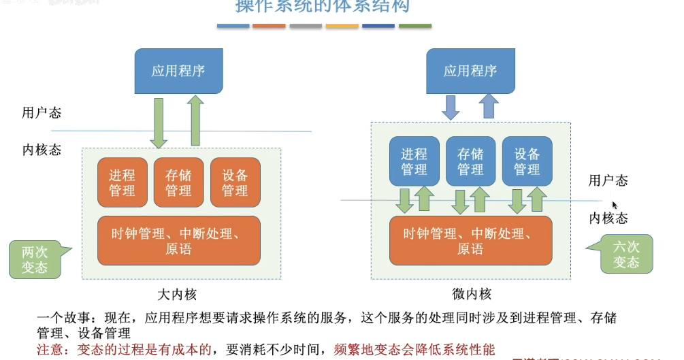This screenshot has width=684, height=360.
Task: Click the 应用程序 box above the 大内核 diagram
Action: pyautogui.click(x=178, y=71)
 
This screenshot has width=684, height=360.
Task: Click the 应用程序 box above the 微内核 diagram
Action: pyautogui.click(x=470, y=71)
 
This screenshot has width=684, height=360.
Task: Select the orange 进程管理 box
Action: pyautogui.click(x=122, y=182)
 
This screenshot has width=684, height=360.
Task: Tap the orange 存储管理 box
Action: pyautogui.click(x=178, y=182)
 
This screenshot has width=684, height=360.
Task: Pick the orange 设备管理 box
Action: pyautogui.click(x=235, y=182)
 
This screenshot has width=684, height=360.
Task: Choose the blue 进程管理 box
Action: pyautogui.click(x=414, y=161)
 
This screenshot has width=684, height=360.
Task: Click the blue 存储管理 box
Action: pyautogui.click(x=470, y=161)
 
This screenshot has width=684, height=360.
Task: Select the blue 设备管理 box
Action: pyautogui.click(x=527, y=161)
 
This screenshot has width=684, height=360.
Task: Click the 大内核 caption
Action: pyautogui.click(x=177, y=295)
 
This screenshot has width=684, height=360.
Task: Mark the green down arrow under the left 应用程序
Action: pyautogui.click(x=159, y=122)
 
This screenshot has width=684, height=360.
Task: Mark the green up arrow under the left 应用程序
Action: pyautogui.click(x=195, y=120)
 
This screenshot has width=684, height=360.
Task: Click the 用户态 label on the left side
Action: pyautogui.click(x=42, y=113)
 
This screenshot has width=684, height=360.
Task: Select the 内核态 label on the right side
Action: pyautogui.click(x=608, y=218)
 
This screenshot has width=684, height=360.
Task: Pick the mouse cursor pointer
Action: pyautogui.click(x=615, y=205)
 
